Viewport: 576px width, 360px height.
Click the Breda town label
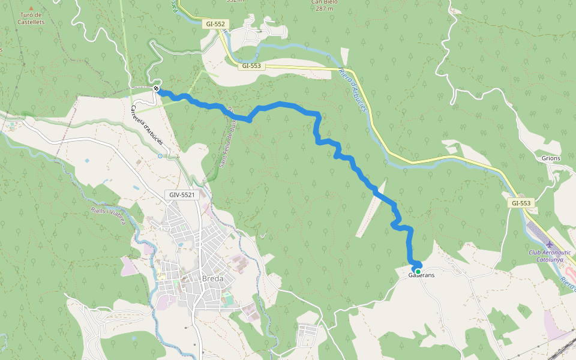(212, 279)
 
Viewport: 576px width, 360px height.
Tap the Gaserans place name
(421, 275)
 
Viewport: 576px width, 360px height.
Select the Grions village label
(551, 158)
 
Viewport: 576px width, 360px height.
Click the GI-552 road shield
(215, 24)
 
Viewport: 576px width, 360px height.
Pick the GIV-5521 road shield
(182, 195)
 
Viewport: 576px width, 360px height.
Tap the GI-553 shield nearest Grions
(521, 203)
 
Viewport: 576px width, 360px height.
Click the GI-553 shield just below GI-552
(251, 65)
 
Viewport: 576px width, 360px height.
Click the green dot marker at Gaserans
(418, 272)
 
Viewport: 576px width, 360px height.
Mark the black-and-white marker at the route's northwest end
(156, 89)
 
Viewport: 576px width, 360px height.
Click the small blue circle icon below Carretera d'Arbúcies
(160, 156)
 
